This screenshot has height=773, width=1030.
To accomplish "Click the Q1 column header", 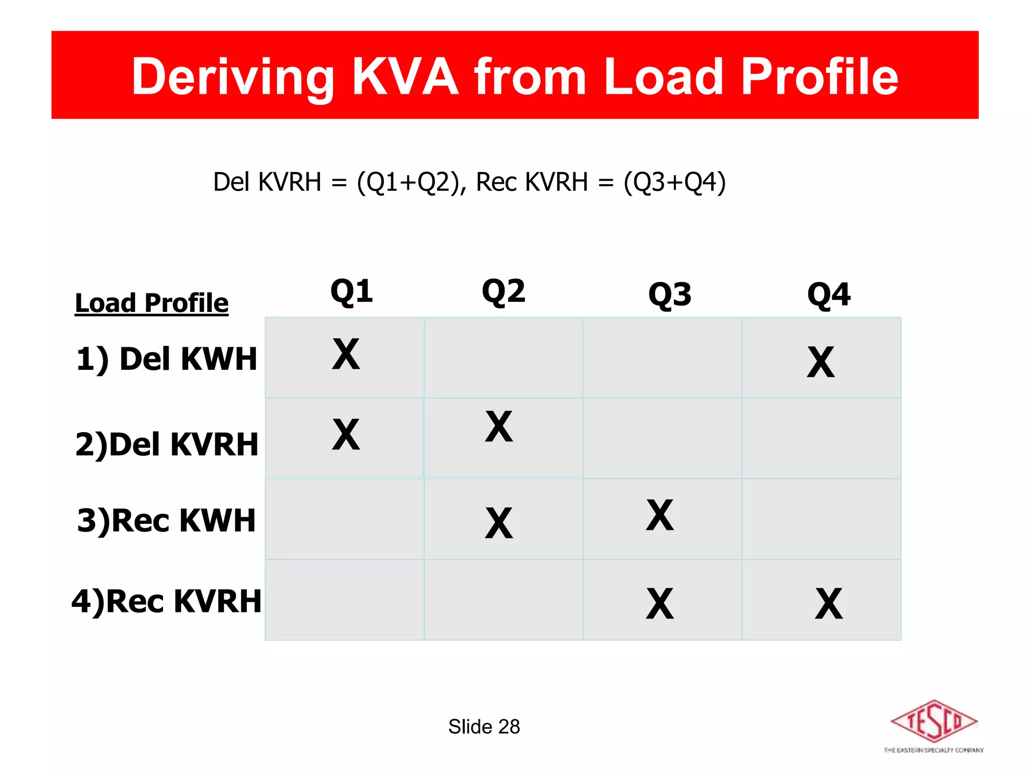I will point(352,291).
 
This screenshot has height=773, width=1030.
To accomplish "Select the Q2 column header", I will point(503,291).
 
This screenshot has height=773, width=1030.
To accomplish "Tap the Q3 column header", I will point(670,294).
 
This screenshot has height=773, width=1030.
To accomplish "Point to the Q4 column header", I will point(829,294).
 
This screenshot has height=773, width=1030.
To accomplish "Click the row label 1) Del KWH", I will point(166,359).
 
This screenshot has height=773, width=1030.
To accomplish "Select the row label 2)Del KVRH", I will point(166,444).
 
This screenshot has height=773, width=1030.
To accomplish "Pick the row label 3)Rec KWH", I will point(166,520).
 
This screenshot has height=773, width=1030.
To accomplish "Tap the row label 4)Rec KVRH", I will point(166,601).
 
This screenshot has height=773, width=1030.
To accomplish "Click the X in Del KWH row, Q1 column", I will point(346,354).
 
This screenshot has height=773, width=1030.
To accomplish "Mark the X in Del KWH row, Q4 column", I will point(821,362).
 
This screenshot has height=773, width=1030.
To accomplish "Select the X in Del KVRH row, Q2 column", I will point(499,427).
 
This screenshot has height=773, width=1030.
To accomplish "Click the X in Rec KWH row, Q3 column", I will point(660,515).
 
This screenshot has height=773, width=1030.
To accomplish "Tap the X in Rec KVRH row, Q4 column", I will point(829,604).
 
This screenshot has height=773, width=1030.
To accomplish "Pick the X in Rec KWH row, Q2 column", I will point(499,523).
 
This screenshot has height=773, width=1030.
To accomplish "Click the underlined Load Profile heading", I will point(151,303).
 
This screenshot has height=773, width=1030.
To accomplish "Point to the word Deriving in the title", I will point(233,76).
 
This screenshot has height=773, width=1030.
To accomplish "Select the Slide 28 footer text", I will point(484,727).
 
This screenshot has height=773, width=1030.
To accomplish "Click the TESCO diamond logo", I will point(934,722).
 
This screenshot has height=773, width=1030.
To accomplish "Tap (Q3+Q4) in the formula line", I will point(674,182).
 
